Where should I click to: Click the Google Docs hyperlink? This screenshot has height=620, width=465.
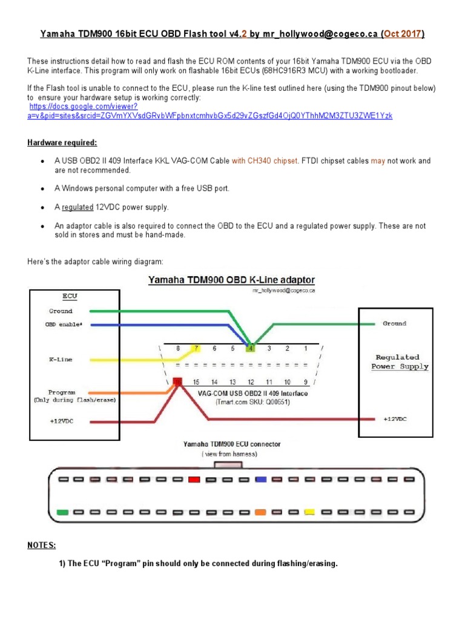(x=210, y=110)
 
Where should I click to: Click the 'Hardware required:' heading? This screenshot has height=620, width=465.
(x=62, y=142)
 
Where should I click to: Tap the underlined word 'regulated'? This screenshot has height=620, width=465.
(x=77, y=207)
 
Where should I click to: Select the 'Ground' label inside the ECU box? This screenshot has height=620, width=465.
(x=61, y=311)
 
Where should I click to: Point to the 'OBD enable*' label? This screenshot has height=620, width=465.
(x=64, y=325)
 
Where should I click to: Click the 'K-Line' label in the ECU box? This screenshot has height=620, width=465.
(x=60, y=359)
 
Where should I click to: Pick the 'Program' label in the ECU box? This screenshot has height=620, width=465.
(x=62, y=392)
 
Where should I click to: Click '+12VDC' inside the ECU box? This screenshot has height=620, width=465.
(x=61, y=421)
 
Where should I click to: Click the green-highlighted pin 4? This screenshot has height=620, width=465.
(x=249, y=349)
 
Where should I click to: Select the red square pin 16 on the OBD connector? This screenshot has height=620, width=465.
(x=178, y=382)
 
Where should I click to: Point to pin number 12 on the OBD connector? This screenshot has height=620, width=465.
(x=250, y=382)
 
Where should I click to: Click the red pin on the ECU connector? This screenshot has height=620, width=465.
(x=194, y=480)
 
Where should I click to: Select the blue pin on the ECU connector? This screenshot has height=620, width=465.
(x=261, y=480)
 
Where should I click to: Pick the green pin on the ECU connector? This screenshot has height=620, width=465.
(x=62, y=512)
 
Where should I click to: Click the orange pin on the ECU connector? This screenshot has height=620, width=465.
(x=261, y=512)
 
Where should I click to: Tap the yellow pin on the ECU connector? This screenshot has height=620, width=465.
(x=309, y=512)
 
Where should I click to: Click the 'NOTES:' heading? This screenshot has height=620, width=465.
(x=41, y=545)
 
